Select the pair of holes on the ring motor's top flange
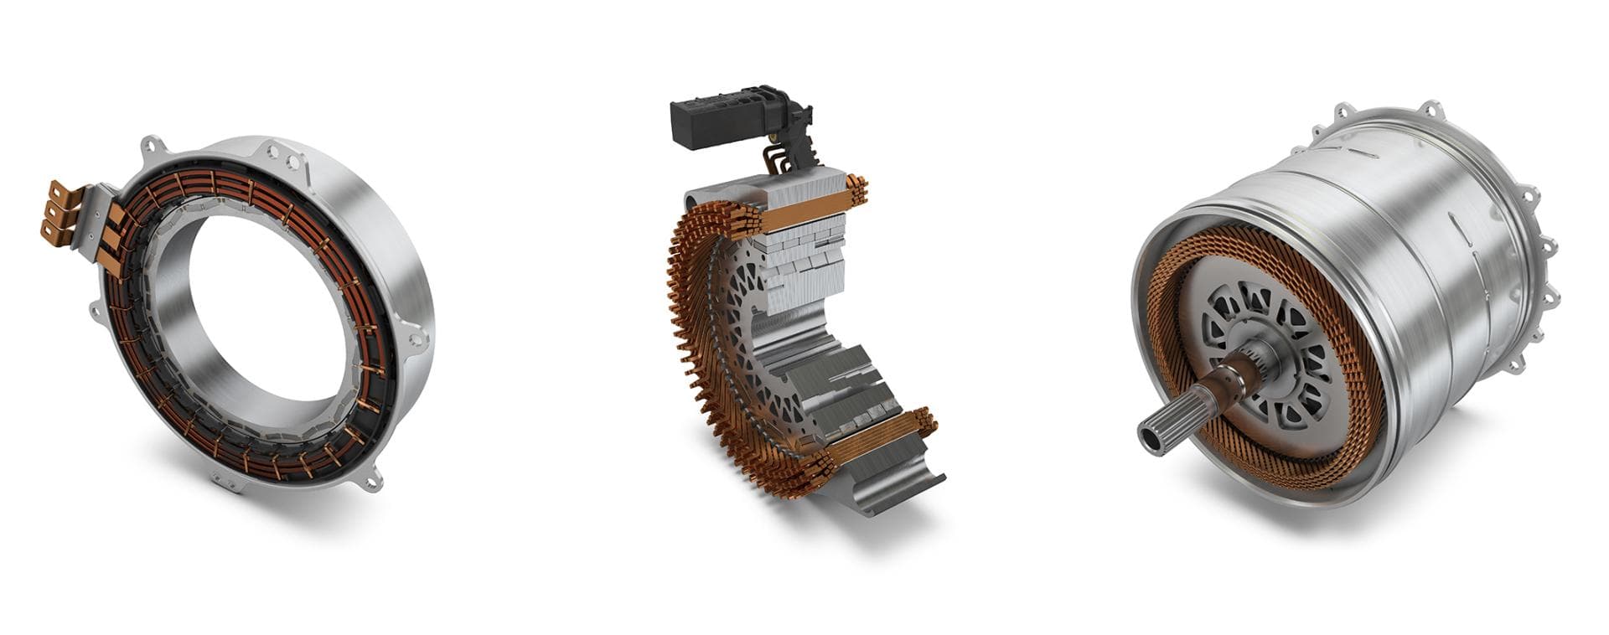coord(285,156)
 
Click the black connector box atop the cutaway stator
coord(721,124)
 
